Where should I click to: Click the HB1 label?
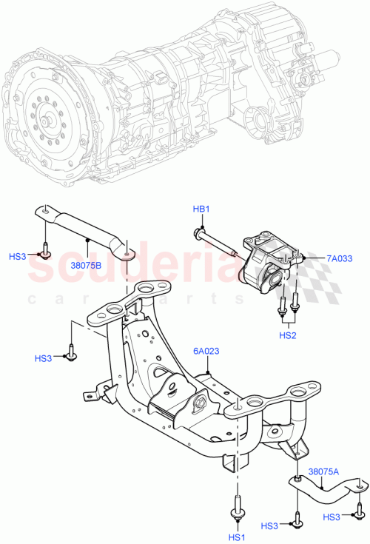coord(201,209)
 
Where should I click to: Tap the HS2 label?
coord(289,335)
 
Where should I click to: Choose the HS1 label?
coord(237,536)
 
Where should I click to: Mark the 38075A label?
coord(324,471)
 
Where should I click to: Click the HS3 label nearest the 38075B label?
coord(17,256)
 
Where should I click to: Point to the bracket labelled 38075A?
coord(326,489)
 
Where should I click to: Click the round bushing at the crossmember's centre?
coord(198,403)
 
